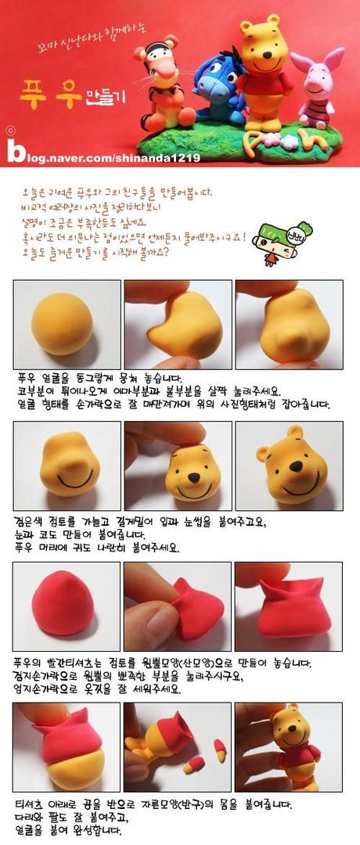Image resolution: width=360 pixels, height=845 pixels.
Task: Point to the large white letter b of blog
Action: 16,150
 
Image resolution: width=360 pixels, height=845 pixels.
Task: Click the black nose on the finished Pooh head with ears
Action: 297,467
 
